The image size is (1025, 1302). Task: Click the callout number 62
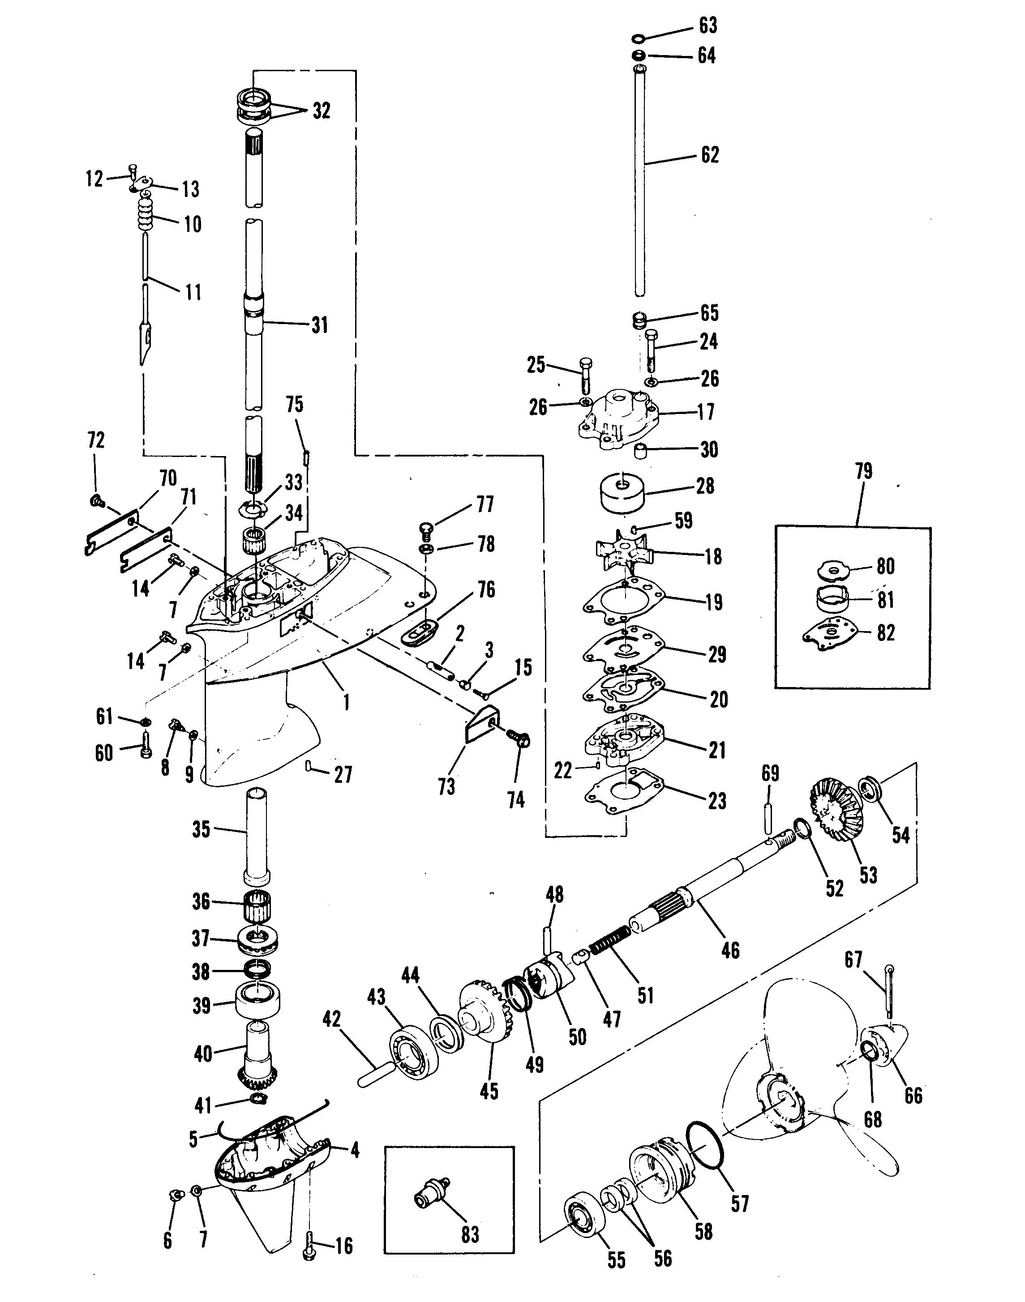click(x=710, y=155)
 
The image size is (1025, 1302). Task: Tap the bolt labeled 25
click(x=585, y=374)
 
